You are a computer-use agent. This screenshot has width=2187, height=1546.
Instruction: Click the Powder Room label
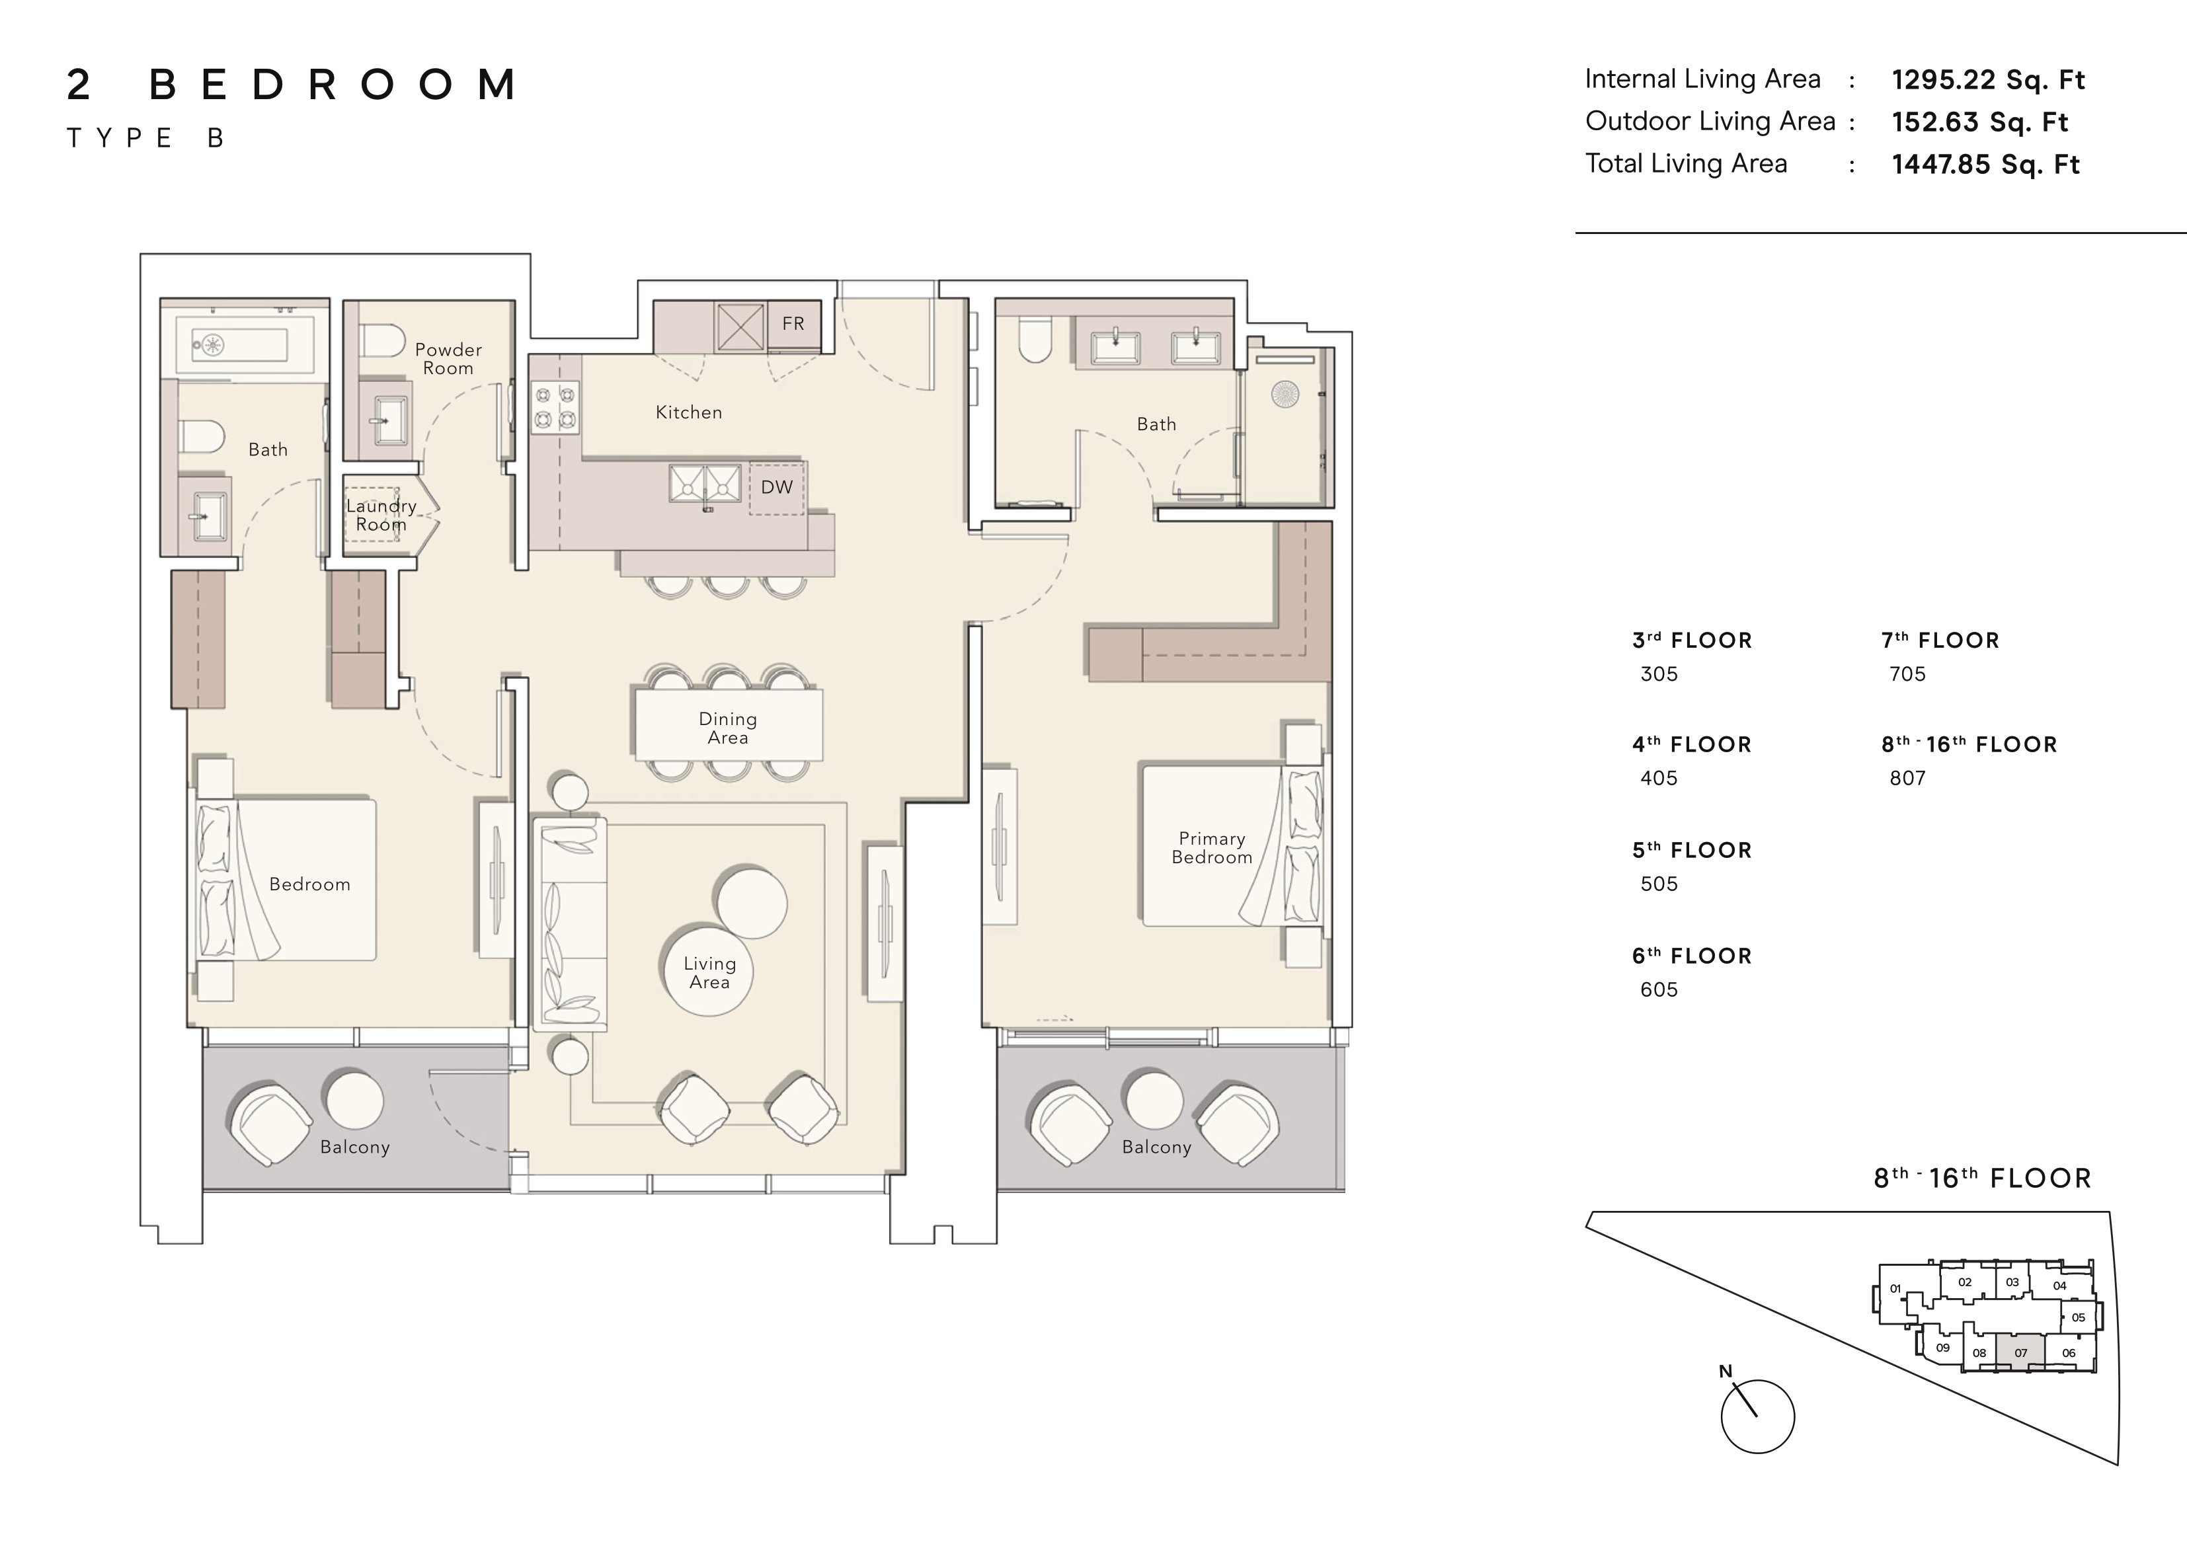point(448,359)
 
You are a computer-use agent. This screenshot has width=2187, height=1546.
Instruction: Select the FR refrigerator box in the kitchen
point(793,324)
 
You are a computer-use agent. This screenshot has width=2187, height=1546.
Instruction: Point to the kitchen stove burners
point(555,406)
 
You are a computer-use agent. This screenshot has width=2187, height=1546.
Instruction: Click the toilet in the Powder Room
point(382,340)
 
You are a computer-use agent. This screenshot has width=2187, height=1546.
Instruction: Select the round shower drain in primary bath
point(1285,395)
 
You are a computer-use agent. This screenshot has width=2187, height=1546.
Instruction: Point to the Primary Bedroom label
point(1212,848)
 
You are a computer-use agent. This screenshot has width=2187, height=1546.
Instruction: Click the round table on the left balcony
point(354,1099)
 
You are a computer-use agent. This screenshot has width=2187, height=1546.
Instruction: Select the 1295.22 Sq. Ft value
point(1988,80)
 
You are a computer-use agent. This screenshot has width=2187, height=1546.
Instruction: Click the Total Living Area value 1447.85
point(1986,165)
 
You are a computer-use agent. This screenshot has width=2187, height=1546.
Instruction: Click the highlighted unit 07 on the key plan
point(2020,1352)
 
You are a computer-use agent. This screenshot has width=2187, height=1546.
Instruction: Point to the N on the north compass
point(1725,1372)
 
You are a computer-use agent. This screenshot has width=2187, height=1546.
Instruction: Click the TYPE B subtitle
point(145,139)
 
